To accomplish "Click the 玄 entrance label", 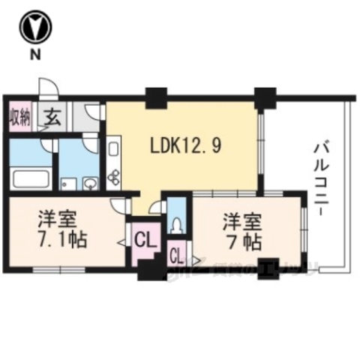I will pos(52,116).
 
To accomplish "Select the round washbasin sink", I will pos(90,182).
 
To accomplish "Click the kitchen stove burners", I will pos(115,177).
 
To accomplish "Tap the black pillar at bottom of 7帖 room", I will pos(266,268).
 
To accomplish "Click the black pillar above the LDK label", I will pos(157,97).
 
